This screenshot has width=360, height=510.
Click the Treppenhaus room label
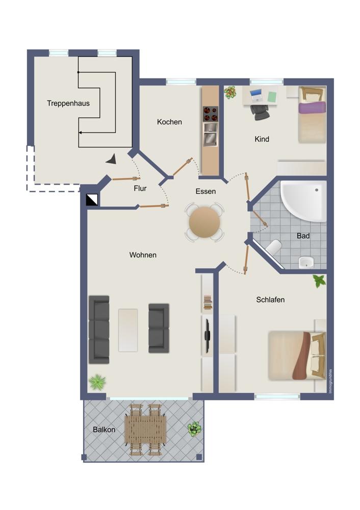(x=68, y=104)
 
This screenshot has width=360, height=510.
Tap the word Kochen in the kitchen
(x=169, y=122)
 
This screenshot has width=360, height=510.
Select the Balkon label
(x=104, y=429)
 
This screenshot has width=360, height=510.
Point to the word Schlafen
(x=270, y=299)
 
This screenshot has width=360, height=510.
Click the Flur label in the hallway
(x=140, y=188)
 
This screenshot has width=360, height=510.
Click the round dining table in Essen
(x=204, y=223)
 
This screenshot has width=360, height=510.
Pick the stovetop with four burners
(x=211, y=114)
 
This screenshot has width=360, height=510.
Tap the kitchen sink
(x=211, y=134)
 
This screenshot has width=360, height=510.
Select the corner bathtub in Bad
(x=303, y=201)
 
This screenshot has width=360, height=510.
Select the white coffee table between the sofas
(x=128, y=330)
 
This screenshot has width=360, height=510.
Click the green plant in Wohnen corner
(x=97, y=382)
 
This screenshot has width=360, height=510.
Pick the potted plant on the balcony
(x=194, y=429)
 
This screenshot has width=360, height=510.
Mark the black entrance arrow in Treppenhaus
(x=112, y=159)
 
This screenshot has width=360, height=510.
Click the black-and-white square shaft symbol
(x=92, y=200)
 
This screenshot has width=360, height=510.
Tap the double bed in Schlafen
(x=297, y=355)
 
